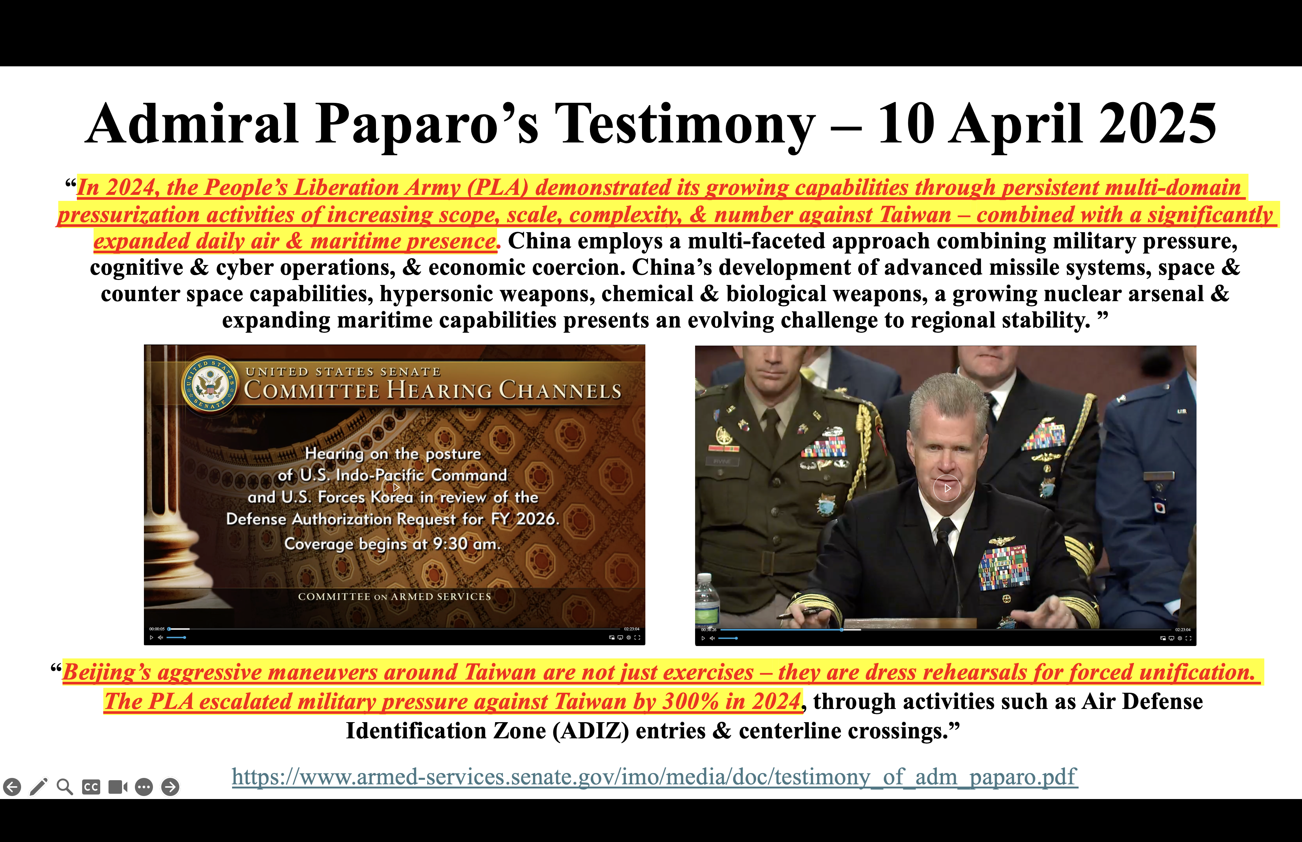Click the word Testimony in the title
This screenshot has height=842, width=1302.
pos(685,126)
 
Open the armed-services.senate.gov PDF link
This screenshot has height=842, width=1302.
pos(654,776)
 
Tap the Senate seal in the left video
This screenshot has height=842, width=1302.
pos(210,385)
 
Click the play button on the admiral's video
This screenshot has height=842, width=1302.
pos(947,488)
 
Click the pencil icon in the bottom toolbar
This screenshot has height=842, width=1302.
pos(38,787)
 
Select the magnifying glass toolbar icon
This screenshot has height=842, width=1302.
pos(64,787)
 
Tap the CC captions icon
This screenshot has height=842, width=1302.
pos(91,787)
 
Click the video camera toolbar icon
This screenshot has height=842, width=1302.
pos(118,787)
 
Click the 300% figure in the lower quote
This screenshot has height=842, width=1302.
pos(690,701)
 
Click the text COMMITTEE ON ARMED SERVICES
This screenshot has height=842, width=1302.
pos(394,597)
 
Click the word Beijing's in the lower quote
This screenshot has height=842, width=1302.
pos(107,672)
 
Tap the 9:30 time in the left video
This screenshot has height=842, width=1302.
pos(450,544)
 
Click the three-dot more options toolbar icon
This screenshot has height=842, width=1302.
pos(144,787)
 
